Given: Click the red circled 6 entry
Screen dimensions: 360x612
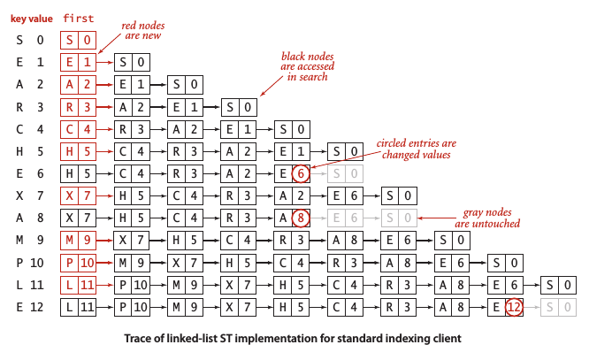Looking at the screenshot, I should point(301,173).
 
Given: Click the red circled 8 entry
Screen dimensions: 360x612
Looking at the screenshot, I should point(301,218).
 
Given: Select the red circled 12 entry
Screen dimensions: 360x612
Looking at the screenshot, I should point(514,307).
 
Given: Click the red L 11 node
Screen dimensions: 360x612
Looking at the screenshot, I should point(78,285).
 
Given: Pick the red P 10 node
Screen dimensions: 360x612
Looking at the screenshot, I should point(78,263).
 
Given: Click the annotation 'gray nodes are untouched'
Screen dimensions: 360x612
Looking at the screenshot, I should point(492,218).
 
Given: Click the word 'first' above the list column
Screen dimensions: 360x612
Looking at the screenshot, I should point(78,18).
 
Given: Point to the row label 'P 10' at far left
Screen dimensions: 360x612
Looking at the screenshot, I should point(28,263).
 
